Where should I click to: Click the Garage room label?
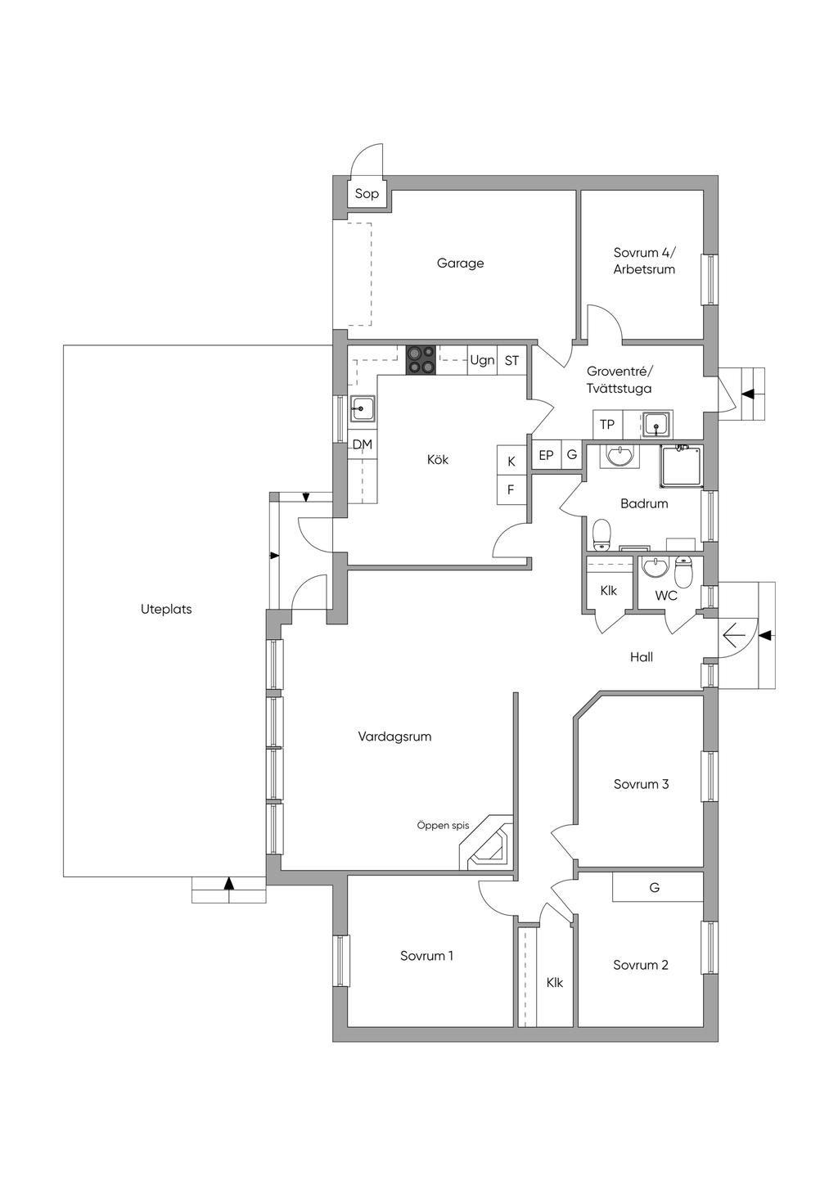click(460, 263)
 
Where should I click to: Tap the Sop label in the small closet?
click(367, 194)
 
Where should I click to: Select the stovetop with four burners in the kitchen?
click(421, 360)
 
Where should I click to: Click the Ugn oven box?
click(483, 360)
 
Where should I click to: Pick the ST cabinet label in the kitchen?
click(511, 361)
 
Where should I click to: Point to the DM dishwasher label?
click(363, 444)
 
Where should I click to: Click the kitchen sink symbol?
click(363, 409)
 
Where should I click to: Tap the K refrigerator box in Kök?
click(511, 461)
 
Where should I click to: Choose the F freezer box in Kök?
click(511, 490)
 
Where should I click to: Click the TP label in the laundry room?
click(606, 424)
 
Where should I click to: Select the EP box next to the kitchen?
click(546, 455)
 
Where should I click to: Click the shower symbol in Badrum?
click(682, 466)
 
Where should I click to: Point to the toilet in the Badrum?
click(601, 535)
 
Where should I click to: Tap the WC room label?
click(666, 596)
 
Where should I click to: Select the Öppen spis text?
click(443, 825)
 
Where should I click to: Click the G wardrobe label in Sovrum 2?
click(655, 887)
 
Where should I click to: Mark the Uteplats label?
click(166, 609)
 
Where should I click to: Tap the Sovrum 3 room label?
click(642, 783)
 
